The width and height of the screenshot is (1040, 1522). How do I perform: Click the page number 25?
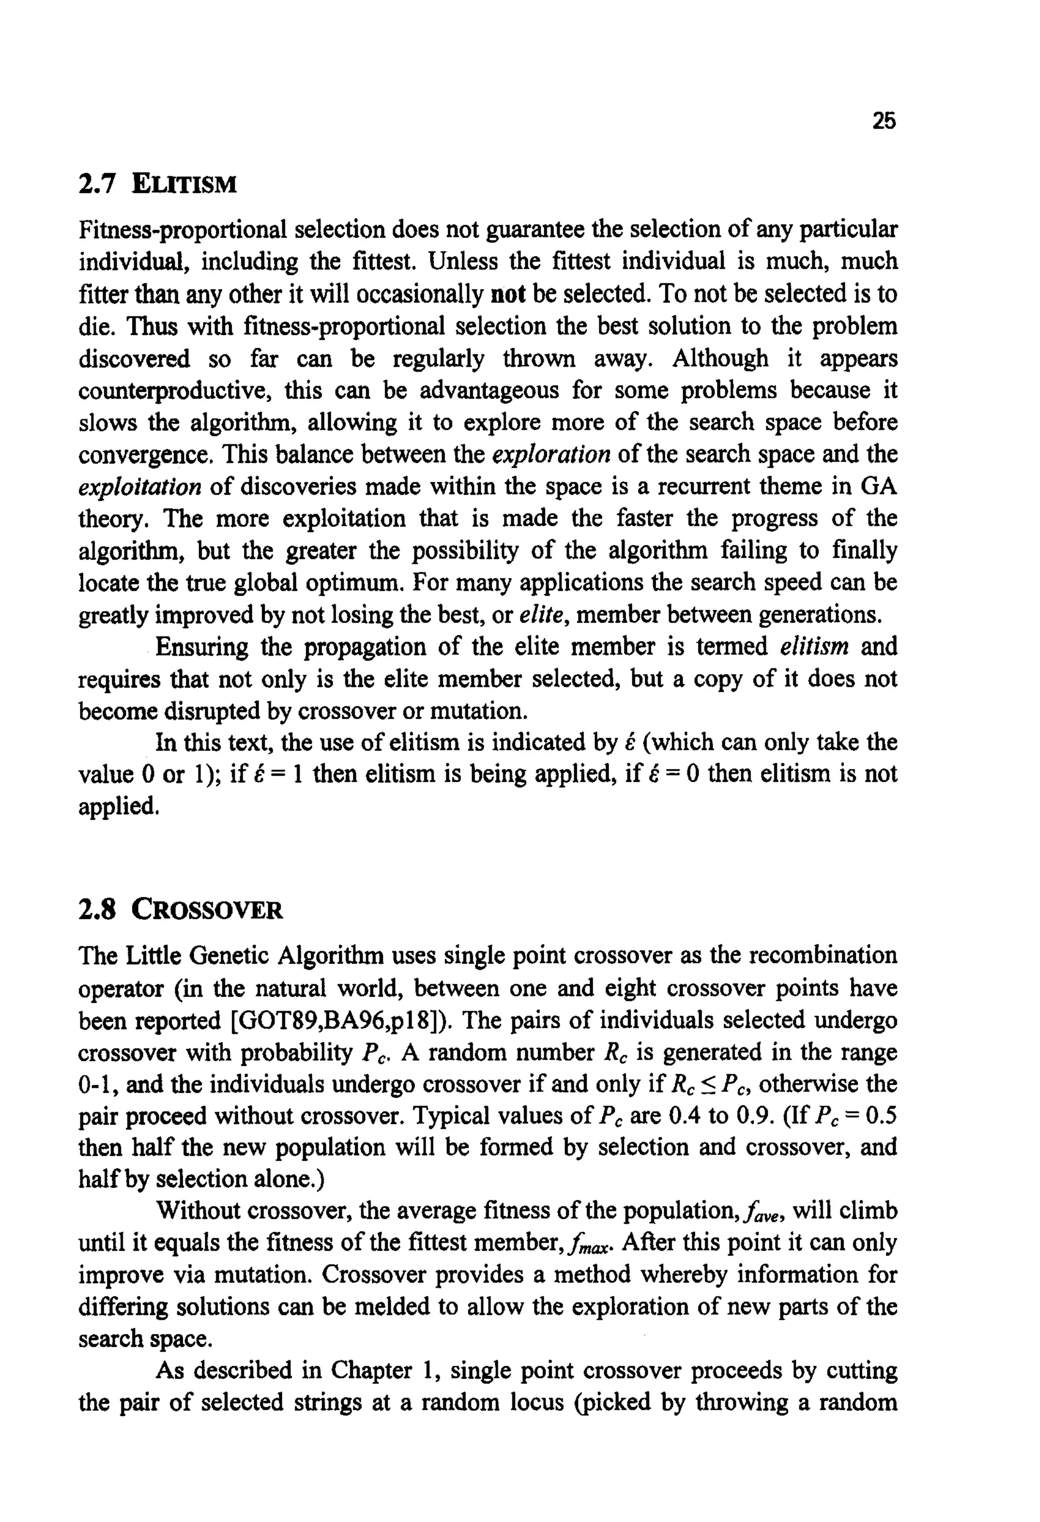[x=883, y=120]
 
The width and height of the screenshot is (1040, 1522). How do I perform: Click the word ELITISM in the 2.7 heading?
[x=184, y=185]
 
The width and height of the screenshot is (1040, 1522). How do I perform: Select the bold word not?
[x=508, y=295]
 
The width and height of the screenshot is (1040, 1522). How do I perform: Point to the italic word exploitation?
[x=140, y=487]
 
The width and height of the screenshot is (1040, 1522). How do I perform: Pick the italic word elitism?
[x=814, y=647]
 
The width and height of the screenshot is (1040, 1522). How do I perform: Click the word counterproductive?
[x=175, y=391]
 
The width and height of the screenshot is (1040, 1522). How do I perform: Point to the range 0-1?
[x=97, y=1085]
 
